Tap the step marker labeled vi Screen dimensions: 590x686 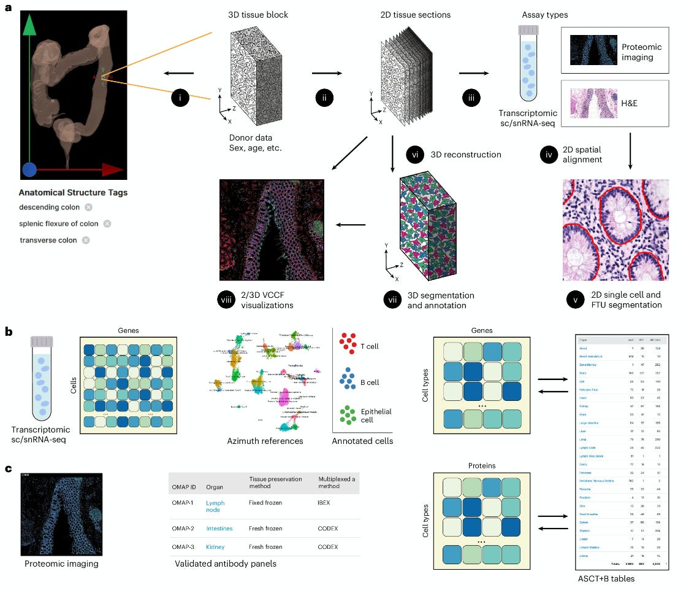(x=414, y=155)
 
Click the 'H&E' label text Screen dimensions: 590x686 (x=633, y=98)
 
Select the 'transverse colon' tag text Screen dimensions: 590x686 (x=48, y=240)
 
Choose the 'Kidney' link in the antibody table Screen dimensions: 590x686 (x=215, y=546)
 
